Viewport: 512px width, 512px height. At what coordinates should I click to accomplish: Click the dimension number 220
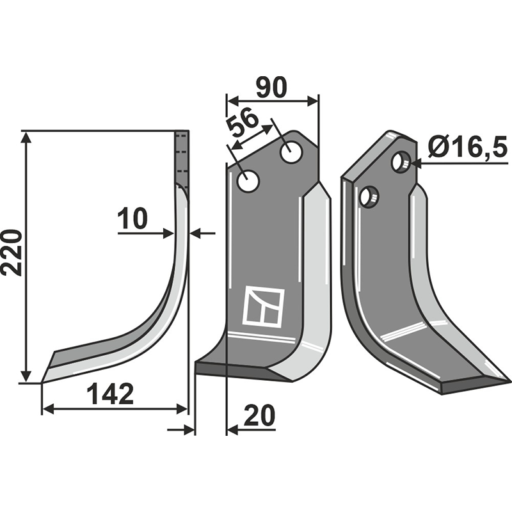click(12, 252)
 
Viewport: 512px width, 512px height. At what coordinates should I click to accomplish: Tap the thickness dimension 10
click(132, 219)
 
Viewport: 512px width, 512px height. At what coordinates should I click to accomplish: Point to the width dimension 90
click(271, 88)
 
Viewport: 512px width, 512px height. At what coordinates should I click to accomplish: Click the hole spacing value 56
click(243, 125)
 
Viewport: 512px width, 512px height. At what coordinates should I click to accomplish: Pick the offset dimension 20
click(259, 417)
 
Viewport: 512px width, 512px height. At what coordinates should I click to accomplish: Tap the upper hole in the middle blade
click(291, 153)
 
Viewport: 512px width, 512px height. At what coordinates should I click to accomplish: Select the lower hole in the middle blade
click(248, 181)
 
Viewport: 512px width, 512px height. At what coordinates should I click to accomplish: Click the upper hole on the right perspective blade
click(401, 162)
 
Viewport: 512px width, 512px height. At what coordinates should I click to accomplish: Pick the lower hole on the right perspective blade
click(368, 196)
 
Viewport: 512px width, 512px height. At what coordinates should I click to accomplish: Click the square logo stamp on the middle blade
click(263, 307)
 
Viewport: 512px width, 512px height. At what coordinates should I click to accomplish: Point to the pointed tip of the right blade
click(508, 382)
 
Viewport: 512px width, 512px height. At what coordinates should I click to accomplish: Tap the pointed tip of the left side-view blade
click(43, 382)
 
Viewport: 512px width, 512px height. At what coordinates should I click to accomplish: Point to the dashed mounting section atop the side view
click(182, 157)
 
